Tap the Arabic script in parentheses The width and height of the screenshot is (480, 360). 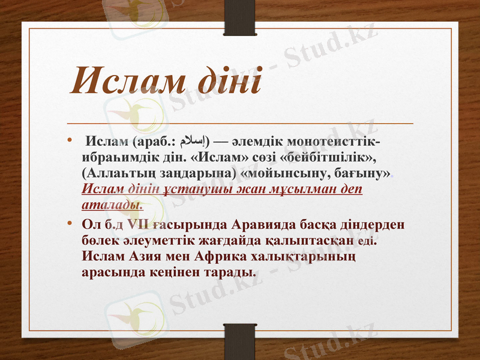pos(193,142)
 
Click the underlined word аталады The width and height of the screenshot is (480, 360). pos(112,205)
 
